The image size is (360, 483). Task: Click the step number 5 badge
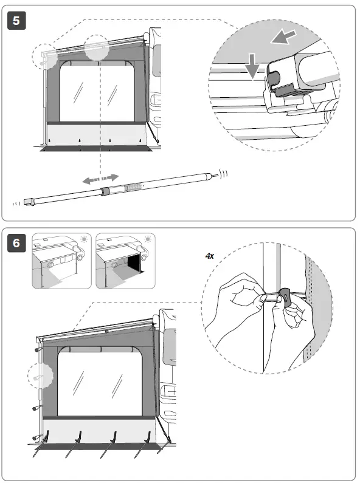16,21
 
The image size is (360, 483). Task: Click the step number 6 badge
16,243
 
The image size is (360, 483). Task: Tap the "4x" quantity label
210,256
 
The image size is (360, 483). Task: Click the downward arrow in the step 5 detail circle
252,66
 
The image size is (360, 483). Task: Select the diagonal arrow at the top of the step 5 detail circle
283,37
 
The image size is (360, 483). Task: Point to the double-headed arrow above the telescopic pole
100,179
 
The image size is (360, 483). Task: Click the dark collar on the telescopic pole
106,191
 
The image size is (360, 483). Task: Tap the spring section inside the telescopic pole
133,187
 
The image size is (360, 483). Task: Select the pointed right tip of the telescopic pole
216,175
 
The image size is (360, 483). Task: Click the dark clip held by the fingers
285,298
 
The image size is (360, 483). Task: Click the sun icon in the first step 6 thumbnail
84,239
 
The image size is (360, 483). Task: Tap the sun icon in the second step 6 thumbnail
148,239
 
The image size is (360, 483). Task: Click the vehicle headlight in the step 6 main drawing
169,391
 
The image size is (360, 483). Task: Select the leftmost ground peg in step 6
40,445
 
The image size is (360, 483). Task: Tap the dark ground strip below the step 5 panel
95,149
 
